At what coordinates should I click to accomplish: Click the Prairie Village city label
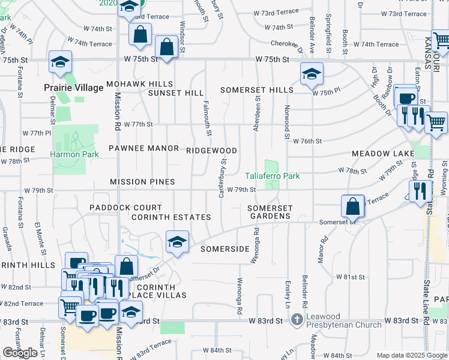tap(74, 88)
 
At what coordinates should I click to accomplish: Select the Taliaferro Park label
tap(272, 176)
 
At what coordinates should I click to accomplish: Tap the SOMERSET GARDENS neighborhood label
tap(271, 212)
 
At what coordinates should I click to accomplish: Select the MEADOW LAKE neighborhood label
tap(383, 154)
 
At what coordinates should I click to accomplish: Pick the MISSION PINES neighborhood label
tap(142, 182)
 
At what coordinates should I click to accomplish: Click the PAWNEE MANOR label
tap(143, 148)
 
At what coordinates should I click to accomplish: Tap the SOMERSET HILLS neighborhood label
tap(256, 90)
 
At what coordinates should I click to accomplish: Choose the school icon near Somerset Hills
tap(312, 74)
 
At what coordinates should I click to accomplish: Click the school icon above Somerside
tap(177, 242)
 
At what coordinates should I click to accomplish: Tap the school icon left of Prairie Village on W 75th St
tap(61, 62)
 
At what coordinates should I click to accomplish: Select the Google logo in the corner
tap(20, 353)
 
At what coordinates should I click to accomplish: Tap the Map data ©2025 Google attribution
tap(412, 355)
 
